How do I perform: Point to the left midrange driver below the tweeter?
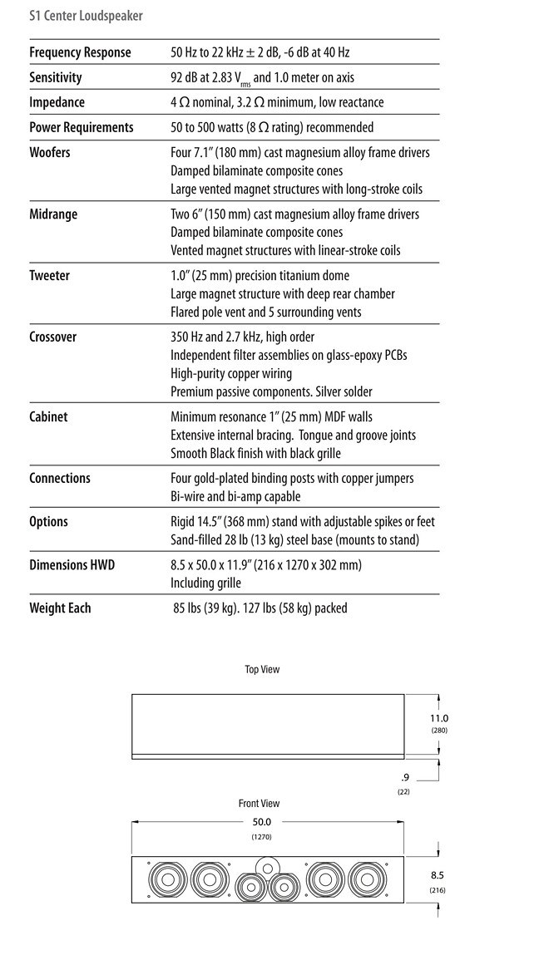pyautogui.click(x=250, y=888)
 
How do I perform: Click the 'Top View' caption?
pyautogui.click(x=262, y=669)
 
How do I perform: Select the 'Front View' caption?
pyautogui.click(x=260, y=804)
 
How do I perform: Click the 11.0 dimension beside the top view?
pyautogui.click(x=439, y=718)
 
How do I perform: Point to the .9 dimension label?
pyautogui.click(x=404, y=777)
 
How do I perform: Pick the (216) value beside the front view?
pyautogui.click(x=438, y=890)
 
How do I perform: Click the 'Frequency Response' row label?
pyautogui.click(x=80, y=52)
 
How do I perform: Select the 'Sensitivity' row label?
pyautogui.click(x=56, y=77)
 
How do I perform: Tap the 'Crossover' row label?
pyautogui.click(x=52, y=337)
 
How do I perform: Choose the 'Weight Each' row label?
pyautogui.click(x=60, y=608)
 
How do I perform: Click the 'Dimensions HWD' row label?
pyautogui.click(x=72, y=564)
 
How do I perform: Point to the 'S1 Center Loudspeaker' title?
pyautogui.click(x=86, y=16)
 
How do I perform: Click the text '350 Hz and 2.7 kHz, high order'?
pyautogui.click(x=254, y=337)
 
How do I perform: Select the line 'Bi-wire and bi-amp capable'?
pyautogui.click(x=235, y=496)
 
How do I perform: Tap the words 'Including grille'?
pyautogui.click(x=205, y=583)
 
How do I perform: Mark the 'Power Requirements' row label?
pyautogui.click(x=82, y=127)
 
